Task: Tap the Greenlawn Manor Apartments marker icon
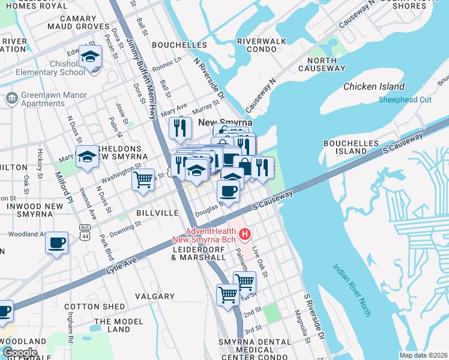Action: [x=11, y=98]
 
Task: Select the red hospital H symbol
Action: [x=245, y=233]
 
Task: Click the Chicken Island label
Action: [x=374, y=86]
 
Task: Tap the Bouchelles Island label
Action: [x=353, y=147]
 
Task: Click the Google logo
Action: [x=19, y=352]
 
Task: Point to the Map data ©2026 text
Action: [x=423, y=355]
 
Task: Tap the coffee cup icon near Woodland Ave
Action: [x=57, y=243]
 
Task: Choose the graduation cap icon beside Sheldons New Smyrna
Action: [x=87, y=157]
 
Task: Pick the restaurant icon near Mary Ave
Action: [x=179, y=128]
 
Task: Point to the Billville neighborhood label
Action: [x=158, y=213]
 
